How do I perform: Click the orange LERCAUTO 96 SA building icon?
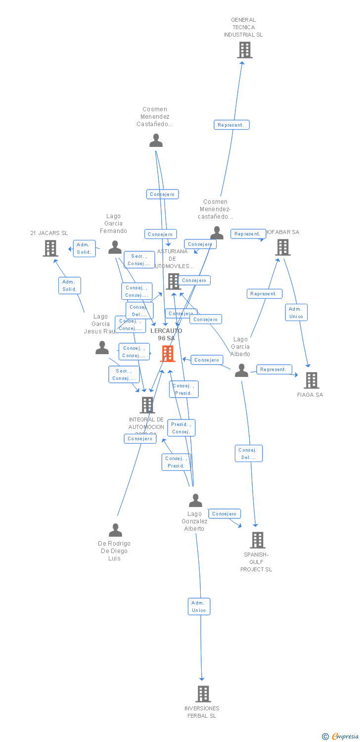[168, 354]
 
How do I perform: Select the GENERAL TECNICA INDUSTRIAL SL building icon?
[244, 50]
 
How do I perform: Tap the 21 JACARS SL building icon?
[50, 248]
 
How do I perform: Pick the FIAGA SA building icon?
[311, 380]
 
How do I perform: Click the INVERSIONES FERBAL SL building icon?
[203, 694]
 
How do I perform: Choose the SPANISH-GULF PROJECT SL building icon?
[258, 540]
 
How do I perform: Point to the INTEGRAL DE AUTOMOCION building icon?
[147, 405]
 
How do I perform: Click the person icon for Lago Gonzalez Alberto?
[195, 501]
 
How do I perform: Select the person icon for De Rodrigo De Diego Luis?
[115, 530]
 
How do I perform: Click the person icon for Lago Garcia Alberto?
[241, 370]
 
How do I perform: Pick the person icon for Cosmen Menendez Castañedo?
[156, 140]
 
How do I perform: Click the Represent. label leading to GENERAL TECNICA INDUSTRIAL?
[231, 125]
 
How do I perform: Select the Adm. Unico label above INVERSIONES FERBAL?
[199, 606]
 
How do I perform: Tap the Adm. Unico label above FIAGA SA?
[296, 313]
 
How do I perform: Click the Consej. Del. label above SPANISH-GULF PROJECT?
[248, 454]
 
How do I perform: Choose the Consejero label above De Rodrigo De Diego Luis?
[140, 439]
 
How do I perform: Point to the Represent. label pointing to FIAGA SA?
[273, 370]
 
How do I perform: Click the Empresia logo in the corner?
[340, 737]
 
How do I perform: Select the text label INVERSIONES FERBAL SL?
[202, 712]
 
